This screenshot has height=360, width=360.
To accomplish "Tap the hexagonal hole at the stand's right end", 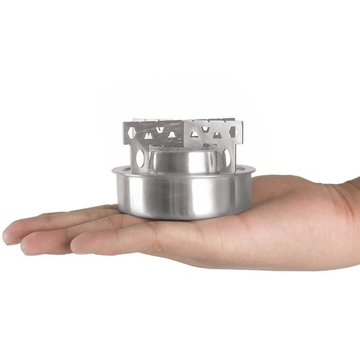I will (x=233, y=131).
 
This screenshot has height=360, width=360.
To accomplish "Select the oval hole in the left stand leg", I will (x=138, y=156).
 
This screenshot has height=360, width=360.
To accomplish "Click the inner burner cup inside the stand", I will (x=183, y=160).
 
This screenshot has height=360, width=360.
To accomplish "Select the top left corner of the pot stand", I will (x=124, y=122).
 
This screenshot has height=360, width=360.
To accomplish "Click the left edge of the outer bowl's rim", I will (x=113, y=171).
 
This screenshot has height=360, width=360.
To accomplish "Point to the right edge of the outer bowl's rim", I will (x=253, y=171).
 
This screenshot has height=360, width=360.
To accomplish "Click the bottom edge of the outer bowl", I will (x=183, y=217).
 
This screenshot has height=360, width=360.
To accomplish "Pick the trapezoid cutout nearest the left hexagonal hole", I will (x=148, y=135).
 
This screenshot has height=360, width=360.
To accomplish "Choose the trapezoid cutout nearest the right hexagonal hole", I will (x=216, y=134).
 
